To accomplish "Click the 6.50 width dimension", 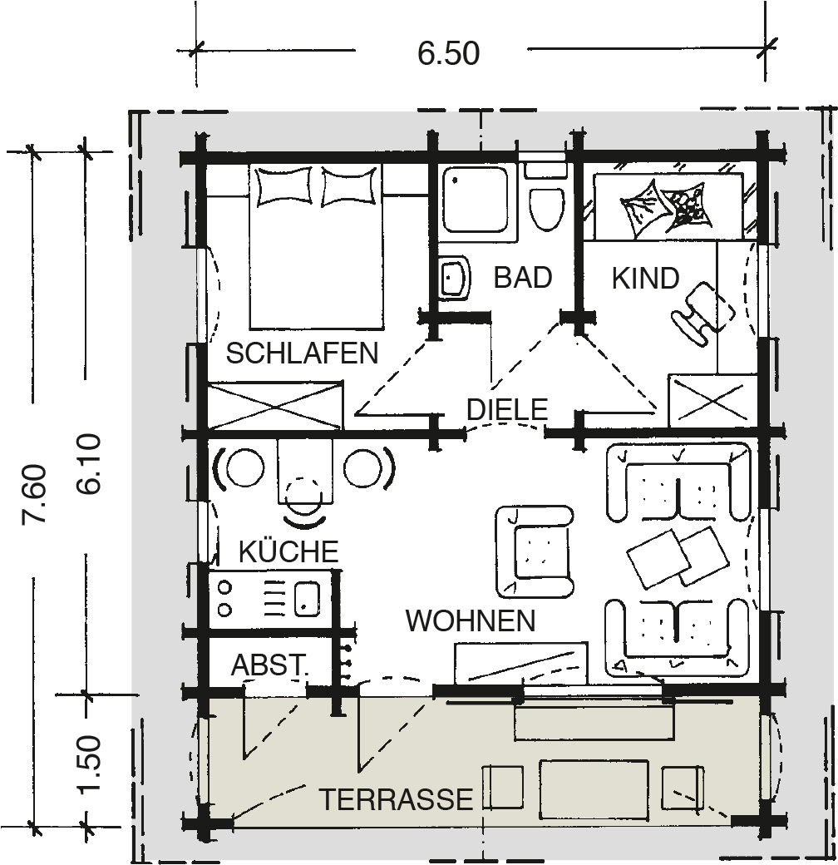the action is pos(448,53).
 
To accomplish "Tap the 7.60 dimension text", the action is pos(33,494).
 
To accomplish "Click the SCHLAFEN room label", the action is pos(303,353).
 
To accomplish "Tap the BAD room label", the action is pos(523,277).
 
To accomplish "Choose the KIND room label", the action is pos(646,279).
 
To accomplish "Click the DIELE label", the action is pos(507,409).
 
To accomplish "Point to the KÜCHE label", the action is pos(288,550).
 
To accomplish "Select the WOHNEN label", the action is pos(471,621).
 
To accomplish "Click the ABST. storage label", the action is pos(269,665).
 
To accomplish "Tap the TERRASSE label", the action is pos(397,798).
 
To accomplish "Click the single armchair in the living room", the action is pos(535,551).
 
